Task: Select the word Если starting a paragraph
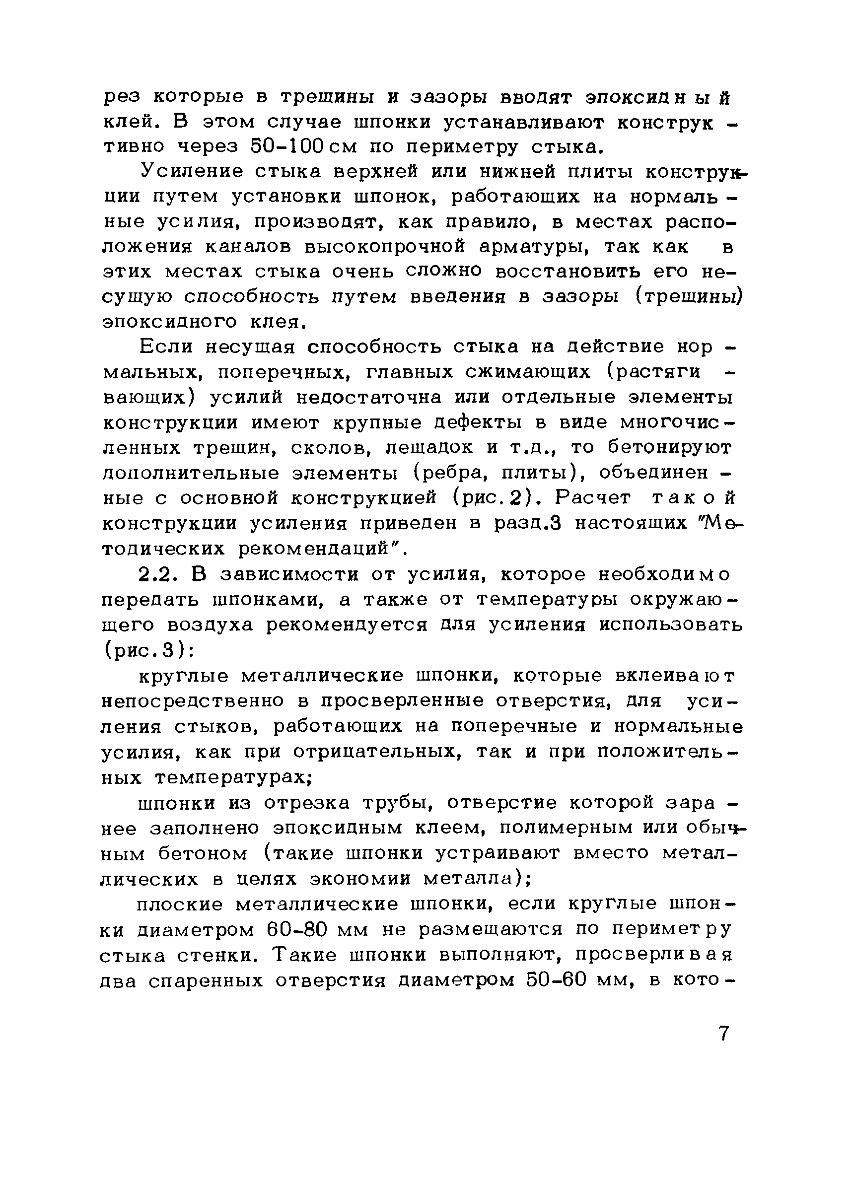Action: (165, 347)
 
